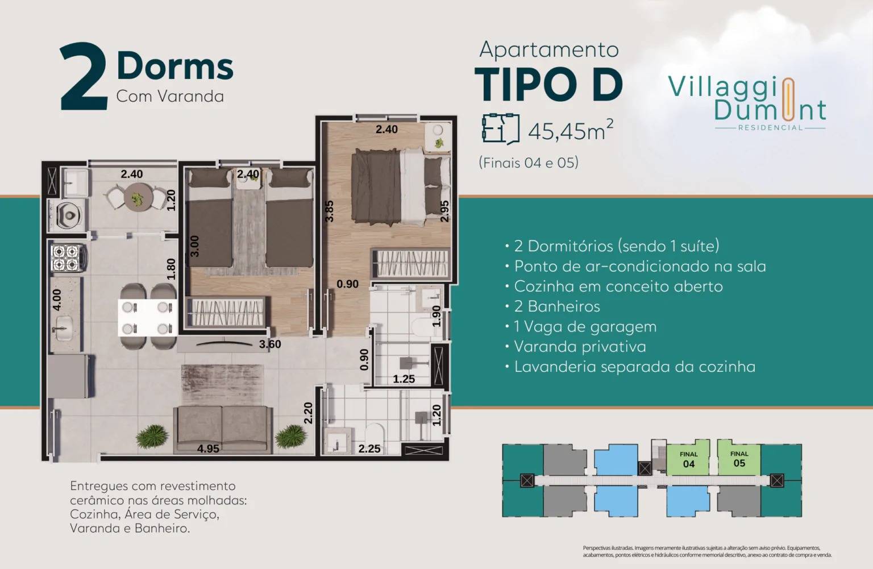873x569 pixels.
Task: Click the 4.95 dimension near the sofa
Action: (x=208, y=448)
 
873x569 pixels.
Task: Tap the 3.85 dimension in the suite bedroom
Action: (x=329, y=210)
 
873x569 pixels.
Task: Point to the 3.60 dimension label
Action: (x=270, y=344)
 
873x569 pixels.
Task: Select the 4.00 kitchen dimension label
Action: (x=57, y=300)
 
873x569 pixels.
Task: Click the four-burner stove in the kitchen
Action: (x=66, y=257)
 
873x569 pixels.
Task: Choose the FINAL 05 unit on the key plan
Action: (x=739, y=459)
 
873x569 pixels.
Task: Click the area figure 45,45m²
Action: (x=571, y=130)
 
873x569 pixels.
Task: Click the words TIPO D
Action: (x=548, y=85)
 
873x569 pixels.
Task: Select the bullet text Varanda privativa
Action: (x=580, y=347)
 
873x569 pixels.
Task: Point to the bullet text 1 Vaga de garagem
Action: (x=585, y=327)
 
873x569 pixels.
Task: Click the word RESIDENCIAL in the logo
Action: (x=770, y=128)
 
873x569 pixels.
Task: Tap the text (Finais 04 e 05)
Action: (x=529, y=163)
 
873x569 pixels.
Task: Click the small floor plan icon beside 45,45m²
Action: (x=500, y=128)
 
